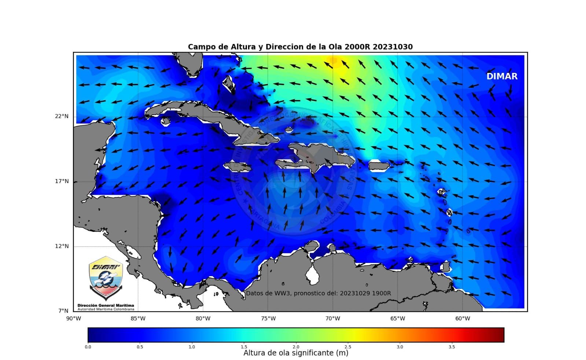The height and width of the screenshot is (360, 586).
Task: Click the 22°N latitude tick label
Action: [62, 116]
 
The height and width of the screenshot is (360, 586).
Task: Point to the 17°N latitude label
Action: [62, 181]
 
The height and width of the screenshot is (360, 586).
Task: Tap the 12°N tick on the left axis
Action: [62, 246]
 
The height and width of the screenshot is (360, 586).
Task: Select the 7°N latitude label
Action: [63, 311]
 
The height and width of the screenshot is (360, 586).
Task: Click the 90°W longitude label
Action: [73, 319]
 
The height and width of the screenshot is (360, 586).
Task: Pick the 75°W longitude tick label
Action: [268, 319]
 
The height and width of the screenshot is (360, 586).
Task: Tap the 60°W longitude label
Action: [462, 319]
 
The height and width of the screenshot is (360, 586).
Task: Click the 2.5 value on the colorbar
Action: [347, 347]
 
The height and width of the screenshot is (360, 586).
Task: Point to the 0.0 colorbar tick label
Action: [88, 347]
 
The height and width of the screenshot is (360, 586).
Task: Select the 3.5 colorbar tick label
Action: [452, 347]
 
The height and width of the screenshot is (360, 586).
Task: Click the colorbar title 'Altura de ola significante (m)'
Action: [296, 353]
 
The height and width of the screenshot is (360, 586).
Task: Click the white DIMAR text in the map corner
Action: [502, 77]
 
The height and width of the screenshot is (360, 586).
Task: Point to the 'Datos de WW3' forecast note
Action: [318, 293]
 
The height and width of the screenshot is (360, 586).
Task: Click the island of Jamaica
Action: [237, 167]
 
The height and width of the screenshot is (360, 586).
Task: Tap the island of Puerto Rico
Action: [379, 166]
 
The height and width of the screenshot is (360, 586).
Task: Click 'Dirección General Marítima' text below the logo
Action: [106, 305]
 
